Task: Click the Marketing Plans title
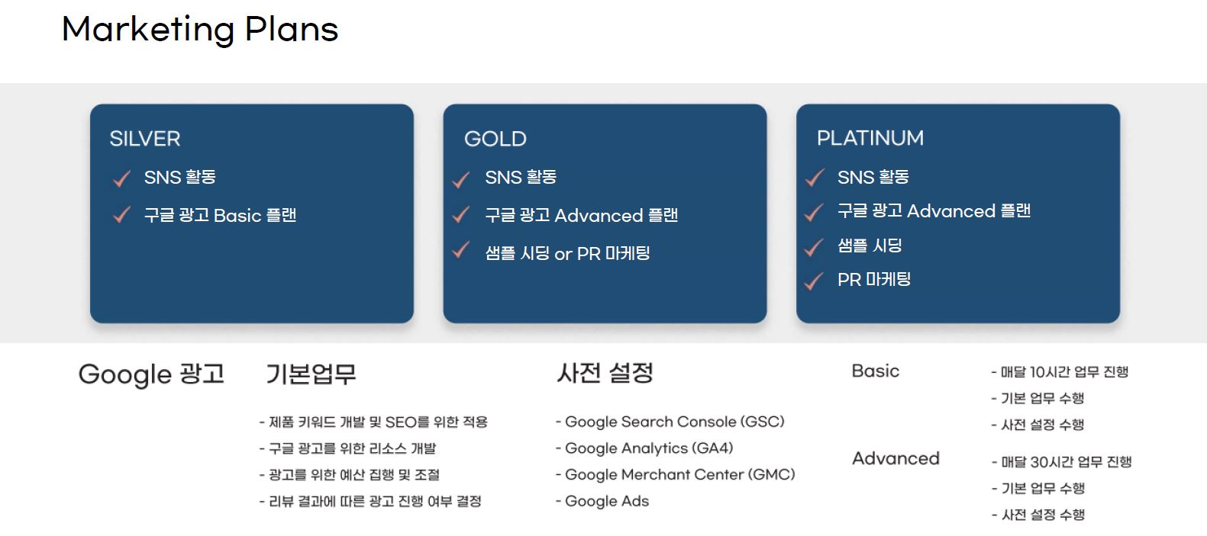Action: pos(200,30)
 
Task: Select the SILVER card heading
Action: pos(145,139)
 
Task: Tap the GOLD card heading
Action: pos(495,139)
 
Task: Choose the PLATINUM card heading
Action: pos(870,138)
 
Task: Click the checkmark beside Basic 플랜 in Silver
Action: pos(122,215)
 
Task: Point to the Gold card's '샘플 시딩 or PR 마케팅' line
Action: pos(567,253)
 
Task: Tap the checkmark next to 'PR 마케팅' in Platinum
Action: pos(814,281)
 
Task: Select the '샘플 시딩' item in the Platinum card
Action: pos(870,246)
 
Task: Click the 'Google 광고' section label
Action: pos(151,374)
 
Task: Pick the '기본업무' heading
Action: pos(311,374)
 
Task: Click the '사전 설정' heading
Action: pos(605,372)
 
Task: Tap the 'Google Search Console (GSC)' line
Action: pos(670,422)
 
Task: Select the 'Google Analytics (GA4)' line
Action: pos(644,448)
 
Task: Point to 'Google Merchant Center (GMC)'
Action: pos(676,474)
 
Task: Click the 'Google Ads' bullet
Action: pos(602,501)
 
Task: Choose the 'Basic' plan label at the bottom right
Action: pos(876,371)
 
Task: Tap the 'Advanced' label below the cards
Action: pos(896,458)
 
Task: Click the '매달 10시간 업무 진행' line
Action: pos(1060,372)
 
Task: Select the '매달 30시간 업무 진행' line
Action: pos(1061,462)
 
